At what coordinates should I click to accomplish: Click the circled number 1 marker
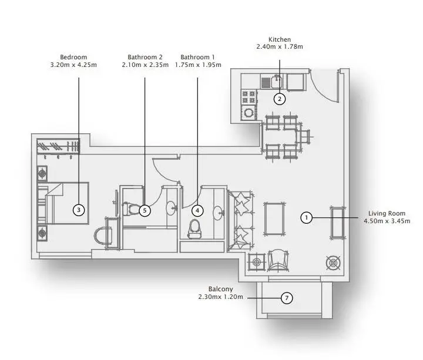(x=306, y=217)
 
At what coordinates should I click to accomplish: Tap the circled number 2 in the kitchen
(x=280, y=99)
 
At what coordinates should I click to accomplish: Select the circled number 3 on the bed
(x=79, y=210)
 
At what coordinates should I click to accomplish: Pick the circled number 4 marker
(x=197, y=211)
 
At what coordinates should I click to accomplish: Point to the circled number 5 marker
(x=145, y=211)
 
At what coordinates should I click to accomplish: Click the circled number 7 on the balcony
(x=287, y=298)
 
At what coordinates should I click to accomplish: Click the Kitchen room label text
(x=280, y=39)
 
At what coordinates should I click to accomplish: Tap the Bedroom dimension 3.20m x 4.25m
(x=73, y=65)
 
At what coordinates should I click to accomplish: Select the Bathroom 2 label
(x=145, y=57)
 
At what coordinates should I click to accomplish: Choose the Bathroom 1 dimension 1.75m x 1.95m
(x=198, y=65)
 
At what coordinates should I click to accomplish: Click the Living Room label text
(x=387, y=213)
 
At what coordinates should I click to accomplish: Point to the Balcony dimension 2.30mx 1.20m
(x=220, y=297)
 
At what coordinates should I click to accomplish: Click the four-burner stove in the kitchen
(x=249, y=97)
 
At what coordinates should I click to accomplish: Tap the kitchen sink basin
(x=277, y=82)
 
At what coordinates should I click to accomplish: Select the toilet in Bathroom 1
(x=194, y=229)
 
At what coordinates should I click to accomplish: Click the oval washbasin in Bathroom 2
(x=171, y=208)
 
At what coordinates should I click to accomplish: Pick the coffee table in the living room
(x=274, y=218)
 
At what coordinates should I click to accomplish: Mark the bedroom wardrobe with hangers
(x=58, y=146)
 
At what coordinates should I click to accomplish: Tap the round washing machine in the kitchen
(x=249, y=112)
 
